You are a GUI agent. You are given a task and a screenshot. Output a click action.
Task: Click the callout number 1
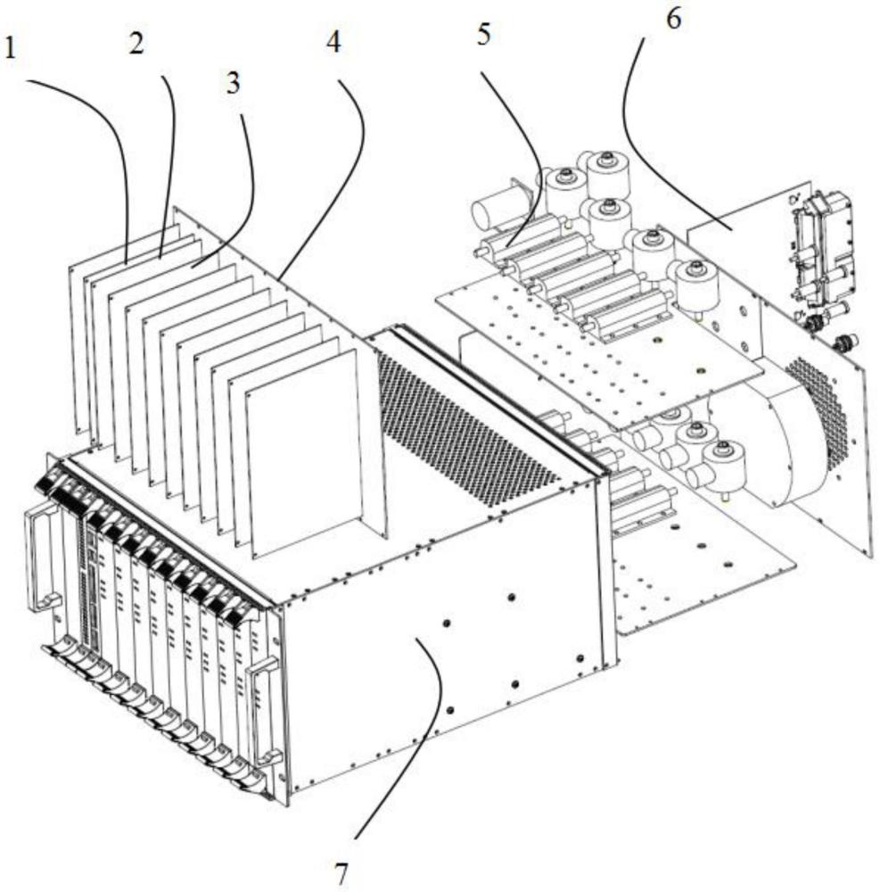[x=10, y=48]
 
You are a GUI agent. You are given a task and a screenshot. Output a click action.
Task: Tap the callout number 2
[x=136, y=43]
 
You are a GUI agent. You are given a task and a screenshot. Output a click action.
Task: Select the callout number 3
[x=233, y=83]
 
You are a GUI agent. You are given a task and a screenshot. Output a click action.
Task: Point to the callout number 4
[x=333, y=42]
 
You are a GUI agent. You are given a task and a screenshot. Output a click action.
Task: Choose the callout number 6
[x=673, y=19]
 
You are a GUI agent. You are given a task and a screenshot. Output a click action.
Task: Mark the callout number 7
[x=341, y=873]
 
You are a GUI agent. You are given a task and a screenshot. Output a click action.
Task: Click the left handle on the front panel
[x=40, y=560]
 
